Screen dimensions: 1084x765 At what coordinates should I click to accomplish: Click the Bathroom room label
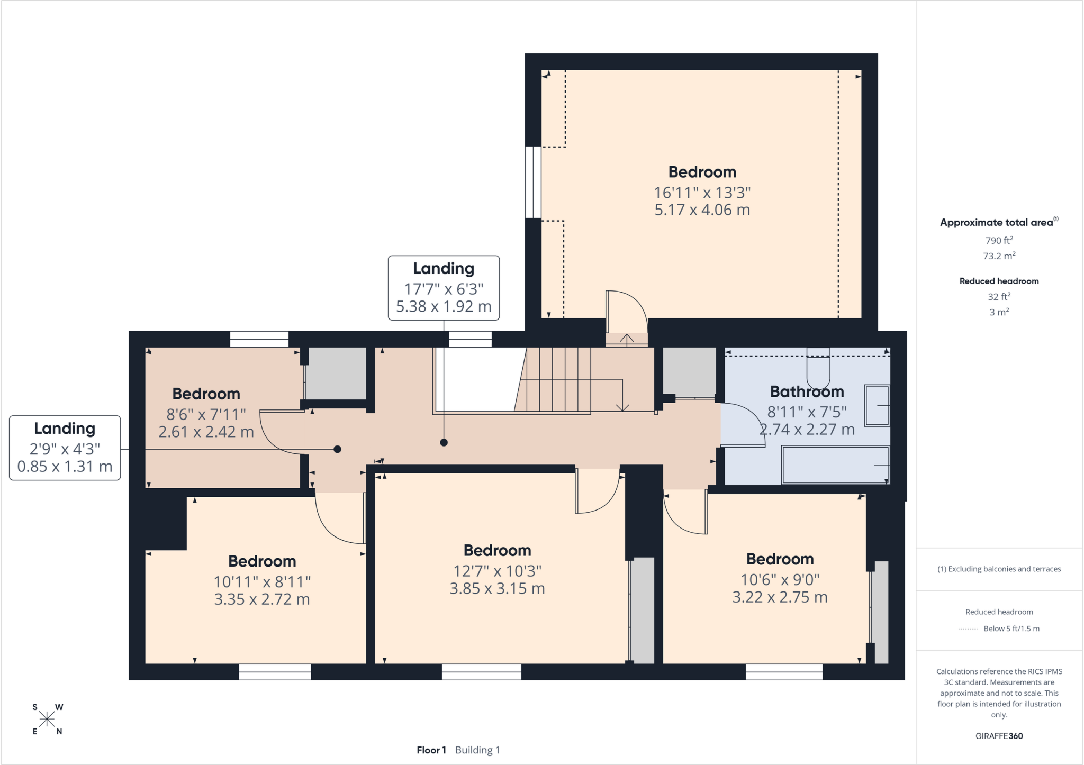(807, 391)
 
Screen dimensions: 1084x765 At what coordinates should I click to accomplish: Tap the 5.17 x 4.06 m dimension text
(702, 210)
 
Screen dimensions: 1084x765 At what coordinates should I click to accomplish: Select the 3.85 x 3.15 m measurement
(497, 589)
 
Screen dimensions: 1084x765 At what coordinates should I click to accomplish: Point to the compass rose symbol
(47, 719)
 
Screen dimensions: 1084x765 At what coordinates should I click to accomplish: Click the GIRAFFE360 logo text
(999, 736)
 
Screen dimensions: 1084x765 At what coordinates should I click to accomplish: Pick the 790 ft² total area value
(999, 240)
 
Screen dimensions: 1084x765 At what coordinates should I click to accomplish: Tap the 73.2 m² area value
(999, 256)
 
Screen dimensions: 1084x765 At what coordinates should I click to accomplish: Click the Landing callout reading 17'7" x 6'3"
(444, 288)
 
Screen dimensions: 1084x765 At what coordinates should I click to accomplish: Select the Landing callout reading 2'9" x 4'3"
(65, 448)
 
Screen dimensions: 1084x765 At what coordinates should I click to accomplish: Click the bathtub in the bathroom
(835, 465)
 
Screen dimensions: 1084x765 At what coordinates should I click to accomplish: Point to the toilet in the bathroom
(818, 368)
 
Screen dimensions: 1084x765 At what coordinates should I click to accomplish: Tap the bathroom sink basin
(877, 406)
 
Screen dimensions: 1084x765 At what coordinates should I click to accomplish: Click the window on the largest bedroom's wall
(533, 182)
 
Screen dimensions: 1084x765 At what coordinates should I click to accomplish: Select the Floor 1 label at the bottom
(431, 750)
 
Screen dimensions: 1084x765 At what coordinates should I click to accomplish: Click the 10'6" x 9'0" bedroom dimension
(780, 580)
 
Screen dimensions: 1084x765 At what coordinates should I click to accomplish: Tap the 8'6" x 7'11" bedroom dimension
(206, 414)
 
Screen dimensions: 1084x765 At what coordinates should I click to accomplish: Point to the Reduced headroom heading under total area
(999, 281)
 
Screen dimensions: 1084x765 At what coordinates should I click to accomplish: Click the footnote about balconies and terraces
(999, 569)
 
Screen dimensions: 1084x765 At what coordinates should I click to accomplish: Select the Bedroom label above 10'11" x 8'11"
(262, 561)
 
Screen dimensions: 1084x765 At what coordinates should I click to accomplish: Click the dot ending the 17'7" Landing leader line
(444, 442)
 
